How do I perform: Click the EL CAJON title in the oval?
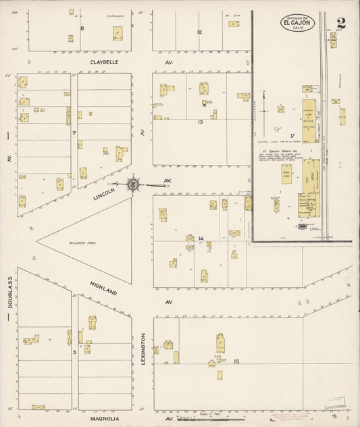pos(299,23)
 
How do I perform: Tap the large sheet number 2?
pos(342,23)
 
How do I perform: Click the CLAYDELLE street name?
pos(105,61)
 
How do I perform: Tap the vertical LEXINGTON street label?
pos(144,349)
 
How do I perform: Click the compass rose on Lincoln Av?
pos(134,183)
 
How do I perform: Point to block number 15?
pos(236,362)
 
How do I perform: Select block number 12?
pos(199,32)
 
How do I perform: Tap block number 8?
pos(82,28)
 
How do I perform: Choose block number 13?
pos(200,122)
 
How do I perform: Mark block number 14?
pos(201,238)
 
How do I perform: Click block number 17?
pos(292,136)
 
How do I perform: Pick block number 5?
pos(74,351)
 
